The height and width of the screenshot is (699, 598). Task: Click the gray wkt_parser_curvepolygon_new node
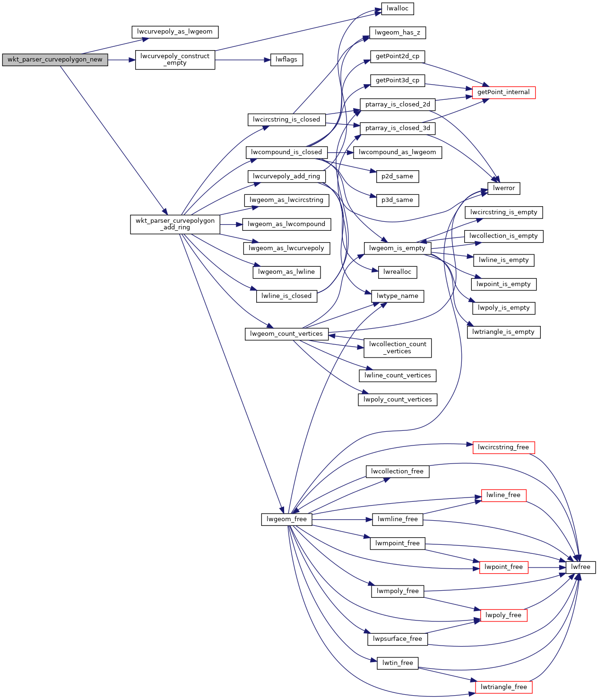pos(55,60)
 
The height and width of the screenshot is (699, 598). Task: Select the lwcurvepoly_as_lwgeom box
pos(175,32)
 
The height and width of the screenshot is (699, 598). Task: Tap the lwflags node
pos(286,60)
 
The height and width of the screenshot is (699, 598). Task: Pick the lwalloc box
pos(397,9)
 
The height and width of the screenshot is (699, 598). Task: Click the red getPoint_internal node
pos(503,92)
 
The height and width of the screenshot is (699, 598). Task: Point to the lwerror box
pos(504,188)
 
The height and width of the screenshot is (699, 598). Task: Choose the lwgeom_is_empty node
pos(397,248)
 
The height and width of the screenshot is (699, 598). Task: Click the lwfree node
pos(581,567)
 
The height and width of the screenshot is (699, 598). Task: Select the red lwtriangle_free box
pos(503,687)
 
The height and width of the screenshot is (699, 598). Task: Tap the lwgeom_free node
pos(286,519)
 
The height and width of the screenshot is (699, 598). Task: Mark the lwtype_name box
pos(397,297)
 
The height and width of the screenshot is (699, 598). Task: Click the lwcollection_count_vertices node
pos(398,348)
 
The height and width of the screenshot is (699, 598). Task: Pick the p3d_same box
pos(397,200)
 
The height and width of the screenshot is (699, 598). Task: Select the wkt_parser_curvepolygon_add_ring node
pos(175,224)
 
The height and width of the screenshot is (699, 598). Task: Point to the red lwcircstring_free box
pos(503,447)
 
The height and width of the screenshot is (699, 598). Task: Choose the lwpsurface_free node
pos(397,639)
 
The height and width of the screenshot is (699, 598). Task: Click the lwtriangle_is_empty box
pos(503,332)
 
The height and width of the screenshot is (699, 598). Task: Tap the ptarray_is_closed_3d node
pos(398,128)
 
